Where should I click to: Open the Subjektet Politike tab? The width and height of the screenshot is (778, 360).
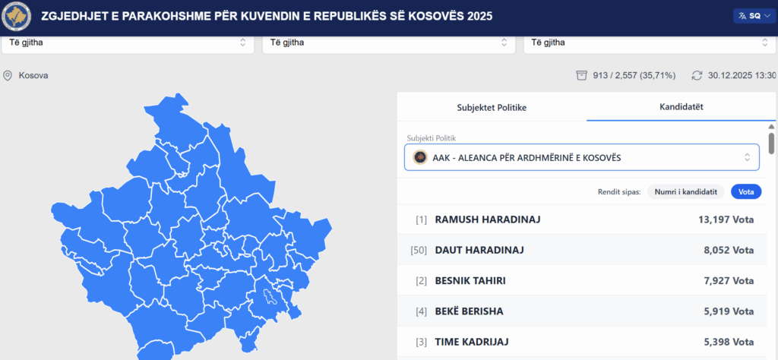coord(492,108)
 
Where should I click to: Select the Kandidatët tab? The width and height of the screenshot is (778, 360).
coord(681,106)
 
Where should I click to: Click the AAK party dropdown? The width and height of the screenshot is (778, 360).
coord(581,158)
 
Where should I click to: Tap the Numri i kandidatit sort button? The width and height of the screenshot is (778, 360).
coord(686,191)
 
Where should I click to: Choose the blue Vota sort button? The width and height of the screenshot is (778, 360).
coord(746,191)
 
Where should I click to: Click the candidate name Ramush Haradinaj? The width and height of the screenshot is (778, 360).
coord(488,219)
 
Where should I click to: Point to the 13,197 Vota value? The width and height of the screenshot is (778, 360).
coord(726,219)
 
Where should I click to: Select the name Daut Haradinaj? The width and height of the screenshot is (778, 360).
coord(479,251)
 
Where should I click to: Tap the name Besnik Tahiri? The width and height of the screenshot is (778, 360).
coord(470,281)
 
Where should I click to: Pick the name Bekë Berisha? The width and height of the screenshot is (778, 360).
coord(469,311)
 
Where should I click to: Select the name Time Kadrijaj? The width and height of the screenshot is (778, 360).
coord(471,342)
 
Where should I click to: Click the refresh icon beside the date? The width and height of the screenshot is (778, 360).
coord(697,75)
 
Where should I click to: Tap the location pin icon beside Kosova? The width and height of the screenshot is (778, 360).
coord(8,76)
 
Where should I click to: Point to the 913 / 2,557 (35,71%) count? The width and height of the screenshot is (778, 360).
coord(634,75)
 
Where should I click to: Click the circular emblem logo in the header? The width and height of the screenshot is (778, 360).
coord(17,17)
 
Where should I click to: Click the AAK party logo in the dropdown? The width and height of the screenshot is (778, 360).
coord(420,158)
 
